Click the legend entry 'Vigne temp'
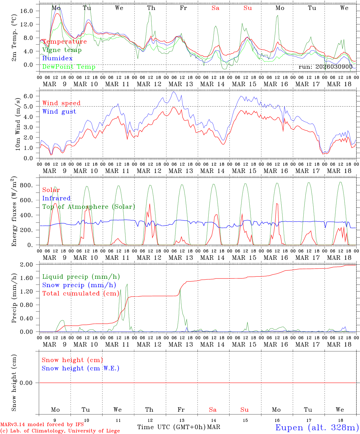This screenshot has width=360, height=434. coord(62,50)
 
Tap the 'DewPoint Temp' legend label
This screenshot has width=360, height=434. coord(69,67)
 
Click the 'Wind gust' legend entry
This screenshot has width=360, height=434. coord(59,112)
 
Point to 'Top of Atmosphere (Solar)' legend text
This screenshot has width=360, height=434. coord(89,207)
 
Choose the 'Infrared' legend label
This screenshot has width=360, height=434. coord(56,198)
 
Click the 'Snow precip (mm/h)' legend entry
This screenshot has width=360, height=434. coord(79,285)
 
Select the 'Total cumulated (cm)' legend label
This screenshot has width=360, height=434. coord(81,294)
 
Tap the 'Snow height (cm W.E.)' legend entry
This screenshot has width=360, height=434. coord(81,368)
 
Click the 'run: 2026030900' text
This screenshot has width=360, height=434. coord(325,67)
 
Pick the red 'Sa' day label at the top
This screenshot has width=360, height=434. coord(215,8)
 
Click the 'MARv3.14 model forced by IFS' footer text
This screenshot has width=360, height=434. coord(42,425)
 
